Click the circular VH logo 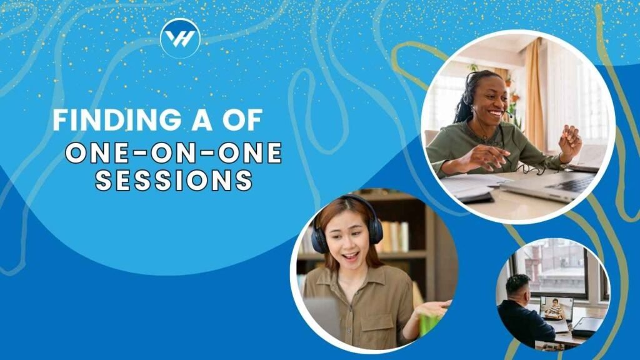[x=181, y=38]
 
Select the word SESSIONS [x=174, y=180]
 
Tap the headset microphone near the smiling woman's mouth [x=509, y=115]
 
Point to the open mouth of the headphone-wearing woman [x=350, y=257]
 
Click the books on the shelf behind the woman [x=394, y=236]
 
